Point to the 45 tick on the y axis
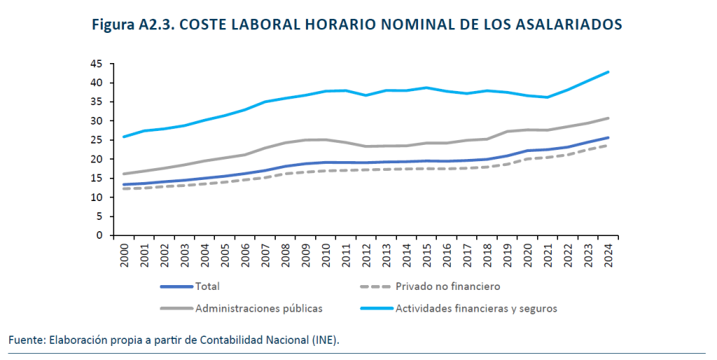(97, 64)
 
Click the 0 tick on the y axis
(99, 236)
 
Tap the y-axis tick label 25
(97, 140)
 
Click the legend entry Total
(208, 286)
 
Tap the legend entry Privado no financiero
(447, 286)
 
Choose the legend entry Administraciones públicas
(258, 307)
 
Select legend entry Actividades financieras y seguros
(475, 307)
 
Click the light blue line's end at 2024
(608, 72)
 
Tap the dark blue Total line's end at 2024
(608, 137)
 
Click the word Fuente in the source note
(26, 340)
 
